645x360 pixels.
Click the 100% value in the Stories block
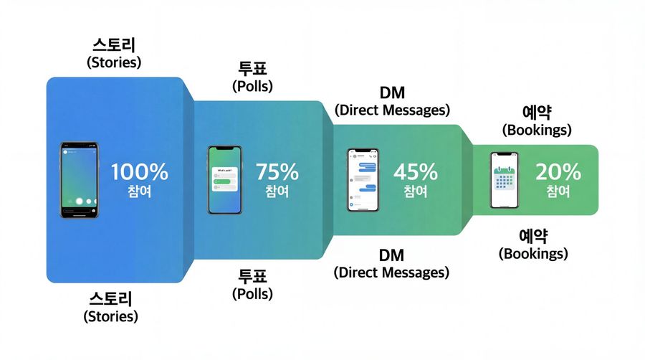pos(140,172)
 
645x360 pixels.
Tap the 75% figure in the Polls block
pos(277,172)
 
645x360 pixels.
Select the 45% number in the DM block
pos(415,172)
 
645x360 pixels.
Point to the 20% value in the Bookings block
pos(558,172)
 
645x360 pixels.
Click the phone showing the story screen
pos(79,179)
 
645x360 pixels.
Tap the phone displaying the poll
pos(225,180)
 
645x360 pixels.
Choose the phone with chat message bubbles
pos(363,180)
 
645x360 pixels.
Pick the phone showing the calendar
pos(504,180)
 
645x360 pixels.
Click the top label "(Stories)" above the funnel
pos(114,62)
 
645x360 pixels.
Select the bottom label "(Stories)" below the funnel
pos(111,316)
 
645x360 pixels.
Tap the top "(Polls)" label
pos(253,87)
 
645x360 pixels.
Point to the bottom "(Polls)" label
pos(253,293)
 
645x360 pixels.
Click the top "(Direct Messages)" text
pos(392,110)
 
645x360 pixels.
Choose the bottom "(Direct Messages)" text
pos(391,273)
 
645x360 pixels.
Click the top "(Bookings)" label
pos(537,131)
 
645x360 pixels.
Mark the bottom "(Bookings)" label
pos(534,253)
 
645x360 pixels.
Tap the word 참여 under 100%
pos(139,191)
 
